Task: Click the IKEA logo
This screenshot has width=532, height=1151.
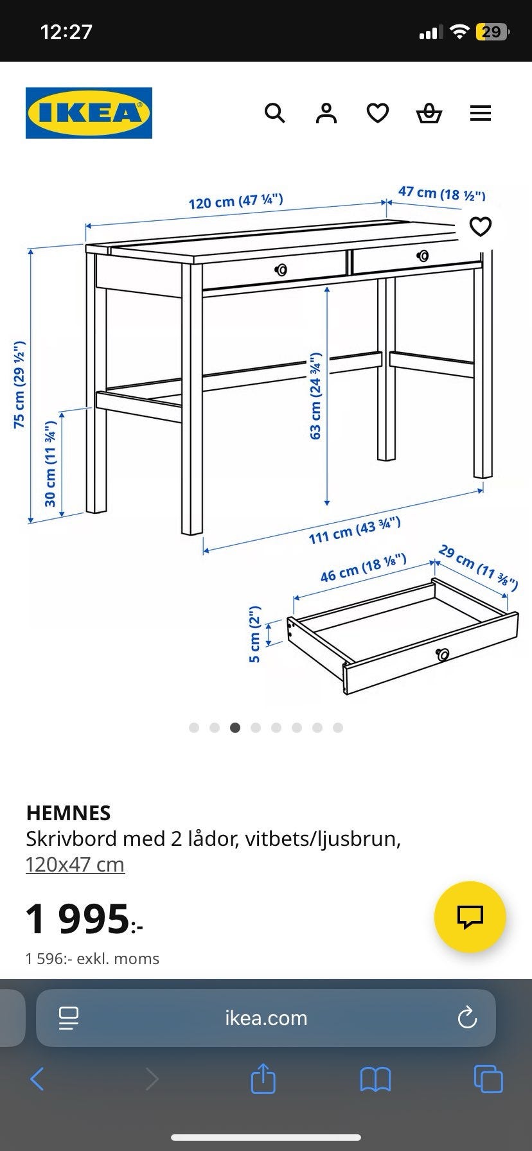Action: coord(89,113)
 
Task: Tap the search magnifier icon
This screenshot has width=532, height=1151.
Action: coord(275,113)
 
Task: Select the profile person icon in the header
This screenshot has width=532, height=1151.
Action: coord(326,113)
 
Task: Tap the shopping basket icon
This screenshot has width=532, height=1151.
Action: coord(429,114)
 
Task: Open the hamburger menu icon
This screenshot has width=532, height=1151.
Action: coord(481,114)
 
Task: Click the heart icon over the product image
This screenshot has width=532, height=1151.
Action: coord(481,226)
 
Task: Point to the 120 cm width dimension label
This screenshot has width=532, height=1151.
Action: coord(236,201)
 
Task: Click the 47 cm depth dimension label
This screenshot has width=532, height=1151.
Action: coord(442,193)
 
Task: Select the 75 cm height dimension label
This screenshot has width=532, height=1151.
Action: coord(20,384)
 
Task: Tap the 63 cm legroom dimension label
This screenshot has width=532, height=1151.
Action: coord(315,396)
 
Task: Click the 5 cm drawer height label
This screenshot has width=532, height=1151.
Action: coord(255,634)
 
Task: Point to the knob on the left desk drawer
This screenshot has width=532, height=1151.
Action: coord(281,270)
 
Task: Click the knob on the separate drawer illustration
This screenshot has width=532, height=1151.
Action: coord(443,654)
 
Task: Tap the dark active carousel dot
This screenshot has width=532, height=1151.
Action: coord(235,728)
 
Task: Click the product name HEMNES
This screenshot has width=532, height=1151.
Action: coord(68,813)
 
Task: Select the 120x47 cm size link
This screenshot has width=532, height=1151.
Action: coord(75,865)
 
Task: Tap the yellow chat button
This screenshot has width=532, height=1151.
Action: coord(470,917)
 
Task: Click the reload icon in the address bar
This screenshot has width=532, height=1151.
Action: coord(467,1018)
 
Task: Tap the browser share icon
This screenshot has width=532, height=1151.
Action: coord(263,1078)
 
